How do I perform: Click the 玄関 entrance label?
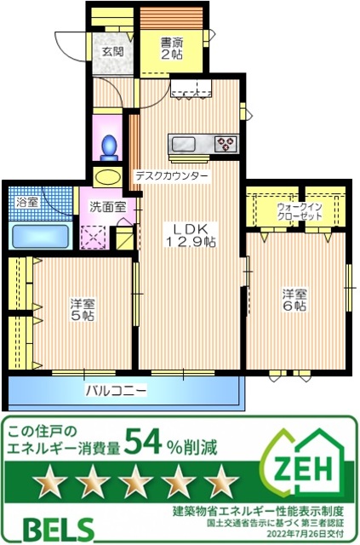pos(111,50)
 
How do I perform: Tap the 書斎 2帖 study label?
pos(171,48)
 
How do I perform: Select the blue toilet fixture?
pos(109,147)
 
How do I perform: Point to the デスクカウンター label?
pos(171,176)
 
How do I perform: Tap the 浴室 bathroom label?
pos(27,203)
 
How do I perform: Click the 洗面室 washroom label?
pos(108,205)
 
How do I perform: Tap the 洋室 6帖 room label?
pos(295,300)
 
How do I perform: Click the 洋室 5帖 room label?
pos(83,309)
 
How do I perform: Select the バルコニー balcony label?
pos(116,391)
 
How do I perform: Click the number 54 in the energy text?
pos(145,440)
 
